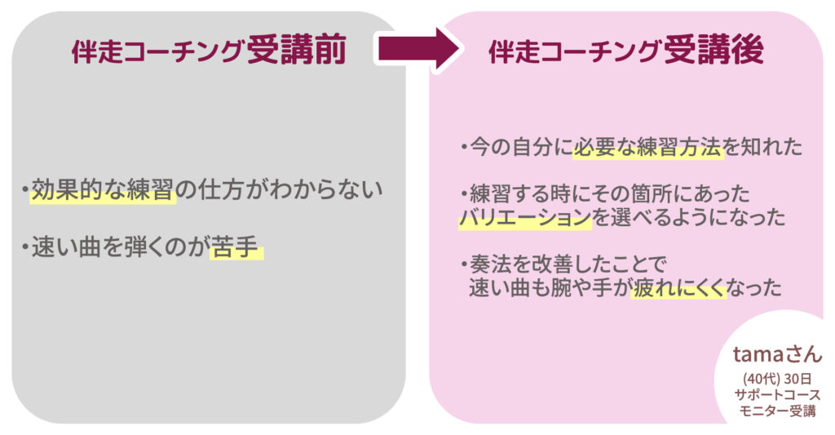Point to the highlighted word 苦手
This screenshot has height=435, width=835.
tap(235, 247)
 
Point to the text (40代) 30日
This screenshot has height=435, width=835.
tap(776, 379)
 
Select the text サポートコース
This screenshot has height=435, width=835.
tap(776, 395)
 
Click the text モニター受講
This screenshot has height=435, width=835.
tap(776, 411)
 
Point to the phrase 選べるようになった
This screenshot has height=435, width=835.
tap(689, 218)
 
